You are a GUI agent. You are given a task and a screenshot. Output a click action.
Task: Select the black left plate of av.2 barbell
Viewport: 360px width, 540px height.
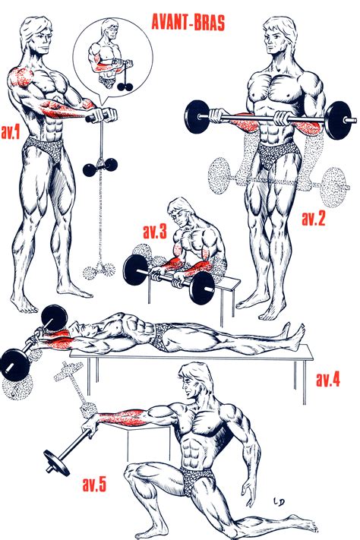pos(194,117)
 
